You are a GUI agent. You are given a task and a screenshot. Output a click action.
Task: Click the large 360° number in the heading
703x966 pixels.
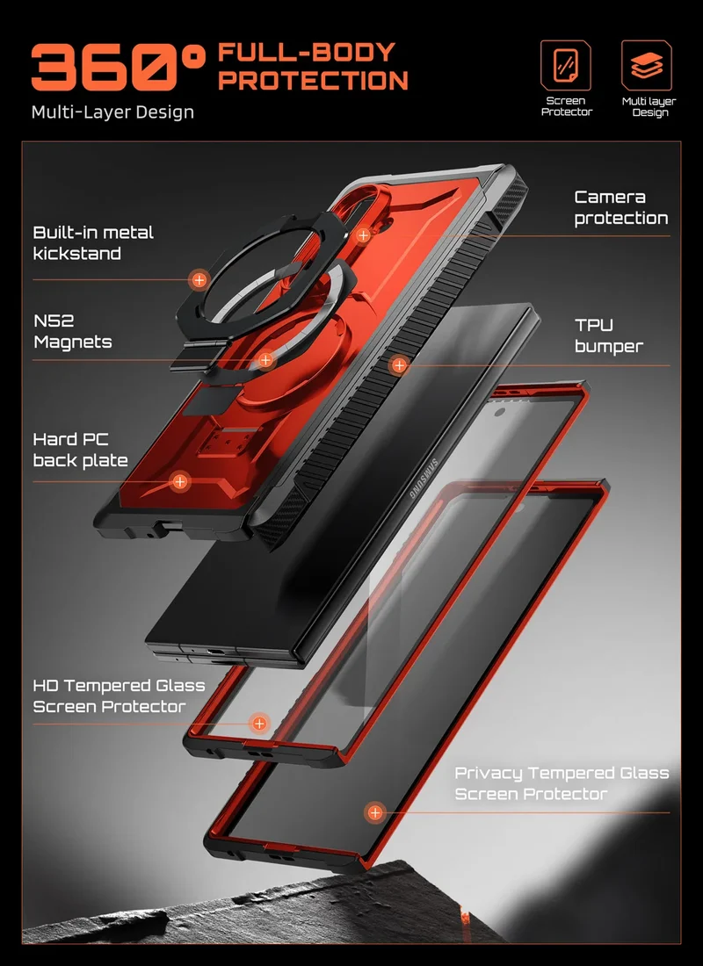[117, 67]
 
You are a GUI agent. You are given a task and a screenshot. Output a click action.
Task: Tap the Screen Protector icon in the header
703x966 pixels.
[566, 65]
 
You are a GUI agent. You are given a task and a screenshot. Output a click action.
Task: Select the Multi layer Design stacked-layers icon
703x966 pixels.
[646, 65]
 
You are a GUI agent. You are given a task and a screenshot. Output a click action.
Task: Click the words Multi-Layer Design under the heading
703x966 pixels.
[112, 112]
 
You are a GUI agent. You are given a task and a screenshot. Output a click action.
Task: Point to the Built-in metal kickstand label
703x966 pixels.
[93, 242]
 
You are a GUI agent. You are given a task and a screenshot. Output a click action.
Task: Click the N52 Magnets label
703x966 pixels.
[73, 331]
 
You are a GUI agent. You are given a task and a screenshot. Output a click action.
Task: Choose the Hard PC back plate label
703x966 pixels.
[80, 451]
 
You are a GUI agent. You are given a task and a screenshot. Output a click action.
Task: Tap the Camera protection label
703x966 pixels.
[621, 207]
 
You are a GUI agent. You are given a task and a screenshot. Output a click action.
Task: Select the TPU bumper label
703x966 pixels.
[609, 335]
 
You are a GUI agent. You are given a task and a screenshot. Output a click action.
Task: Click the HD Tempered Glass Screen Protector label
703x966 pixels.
[119, 696]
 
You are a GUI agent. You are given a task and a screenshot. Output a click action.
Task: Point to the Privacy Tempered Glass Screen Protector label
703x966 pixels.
[562, 783]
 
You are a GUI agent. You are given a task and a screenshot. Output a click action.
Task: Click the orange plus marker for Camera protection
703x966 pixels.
[363, 234]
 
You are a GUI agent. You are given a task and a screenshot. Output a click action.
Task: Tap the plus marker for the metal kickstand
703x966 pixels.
[199, 280]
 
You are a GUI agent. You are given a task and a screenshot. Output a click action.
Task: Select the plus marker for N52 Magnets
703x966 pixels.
[265, 360]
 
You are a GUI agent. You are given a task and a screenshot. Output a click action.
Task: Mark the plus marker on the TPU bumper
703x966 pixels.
[399, 365]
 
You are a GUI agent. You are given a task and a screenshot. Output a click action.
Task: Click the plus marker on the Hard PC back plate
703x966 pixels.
[179, 481]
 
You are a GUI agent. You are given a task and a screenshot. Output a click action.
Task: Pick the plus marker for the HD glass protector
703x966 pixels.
[259, 724]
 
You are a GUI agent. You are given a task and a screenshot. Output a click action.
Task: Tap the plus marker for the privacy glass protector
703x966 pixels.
[374, 812]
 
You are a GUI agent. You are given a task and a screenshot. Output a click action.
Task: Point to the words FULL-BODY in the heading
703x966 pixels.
[307, 53]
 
